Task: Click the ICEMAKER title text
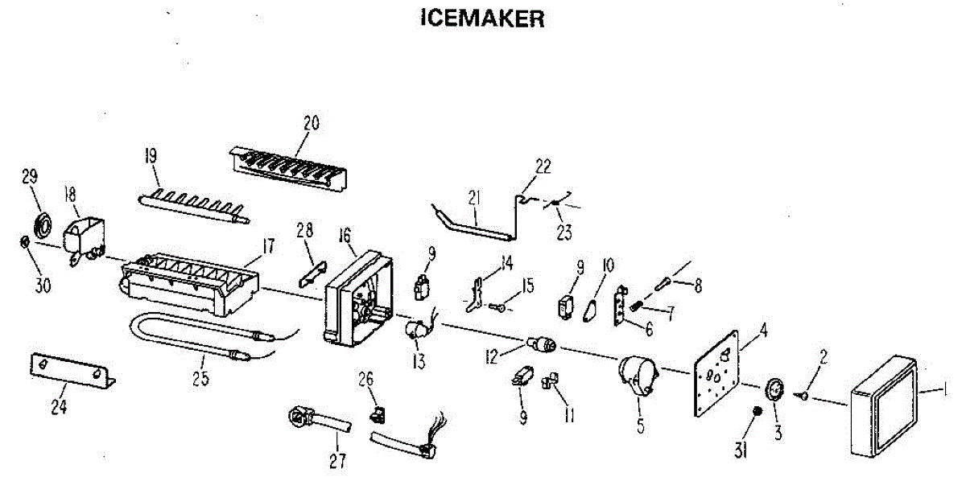[482, 18]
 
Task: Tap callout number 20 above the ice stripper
[311, 123]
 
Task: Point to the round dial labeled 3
[774, 388]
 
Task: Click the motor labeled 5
[638, 375]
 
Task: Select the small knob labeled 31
[757, 413]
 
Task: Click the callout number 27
[337, 461]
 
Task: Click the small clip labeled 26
[375, 415]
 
